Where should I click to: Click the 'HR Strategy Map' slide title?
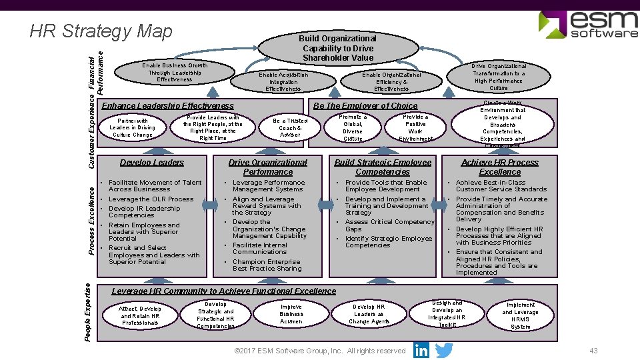101,31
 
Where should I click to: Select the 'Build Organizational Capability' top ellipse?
338,48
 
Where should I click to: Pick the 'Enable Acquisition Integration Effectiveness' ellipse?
283,81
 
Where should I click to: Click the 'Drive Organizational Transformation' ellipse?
499,77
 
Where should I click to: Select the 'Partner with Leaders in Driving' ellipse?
133,127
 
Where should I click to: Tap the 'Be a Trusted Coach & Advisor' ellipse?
290,127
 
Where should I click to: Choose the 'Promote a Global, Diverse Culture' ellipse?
353,127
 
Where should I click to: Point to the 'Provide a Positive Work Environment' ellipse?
415,127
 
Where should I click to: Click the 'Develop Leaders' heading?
152,162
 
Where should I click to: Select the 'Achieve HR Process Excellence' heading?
499,167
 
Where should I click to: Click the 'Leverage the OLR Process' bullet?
151,199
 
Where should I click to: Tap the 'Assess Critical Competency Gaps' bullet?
389,225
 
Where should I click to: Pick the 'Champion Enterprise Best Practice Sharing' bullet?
266,265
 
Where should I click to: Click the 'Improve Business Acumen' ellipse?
291,314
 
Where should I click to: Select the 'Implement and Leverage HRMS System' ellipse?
521,315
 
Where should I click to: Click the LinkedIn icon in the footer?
421,350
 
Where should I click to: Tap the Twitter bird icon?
444,350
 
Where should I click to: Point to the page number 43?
593,351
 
